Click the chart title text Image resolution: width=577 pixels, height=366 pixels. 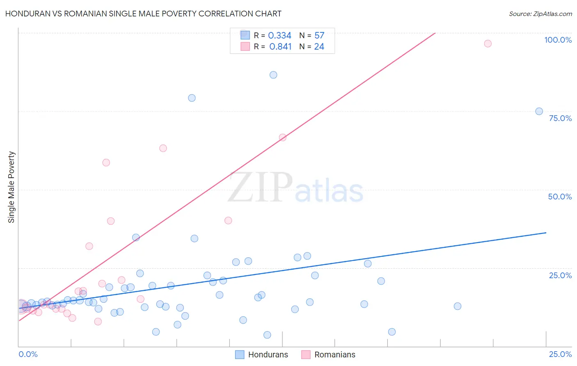(x=143, y=14)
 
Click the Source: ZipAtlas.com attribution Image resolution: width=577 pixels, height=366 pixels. (x=540, y=14)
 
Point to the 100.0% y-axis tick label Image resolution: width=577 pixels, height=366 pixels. (x=558, y=40)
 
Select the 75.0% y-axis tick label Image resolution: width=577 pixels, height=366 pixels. (x=560, y=118)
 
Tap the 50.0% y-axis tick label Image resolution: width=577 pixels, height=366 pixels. (x=560, y=197)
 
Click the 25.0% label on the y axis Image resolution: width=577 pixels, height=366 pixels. (x=560, y=275)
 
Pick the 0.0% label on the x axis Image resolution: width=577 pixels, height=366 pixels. (x=28, y=354)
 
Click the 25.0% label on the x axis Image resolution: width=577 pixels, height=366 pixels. (x=560, y=354)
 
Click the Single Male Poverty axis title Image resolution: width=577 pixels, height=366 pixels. (x=11, y=187)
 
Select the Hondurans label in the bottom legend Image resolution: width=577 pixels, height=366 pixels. (x=268, y=355)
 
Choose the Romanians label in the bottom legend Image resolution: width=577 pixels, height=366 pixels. (x=335, y=355)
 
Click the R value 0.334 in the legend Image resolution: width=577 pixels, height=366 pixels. (x=279, y=36)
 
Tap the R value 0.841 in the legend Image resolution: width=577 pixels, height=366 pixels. (x=280, y=47)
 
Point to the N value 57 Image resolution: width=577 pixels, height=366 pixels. (x=319, y=36)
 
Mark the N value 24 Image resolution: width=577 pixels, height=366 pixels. (x=319, y=47)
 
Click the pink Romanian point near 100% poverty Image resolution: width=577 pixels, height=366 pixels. (x=488, y=43)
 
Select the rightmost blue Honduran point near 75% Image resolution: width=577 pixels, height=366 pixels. (x=539, y=111)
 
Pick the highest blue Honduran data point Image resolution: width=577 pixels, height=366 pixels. (x=273, y=75)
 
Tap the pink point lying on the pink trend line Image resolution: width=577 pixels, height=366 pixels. (x=282, y=137)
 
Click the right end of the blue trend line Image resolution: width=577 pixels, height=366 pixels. (x=546, y=233)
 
